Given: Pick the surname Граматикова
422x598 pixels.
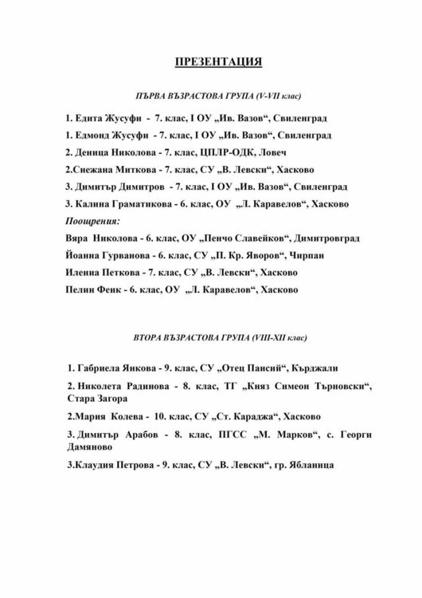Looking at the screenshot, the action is point(140,203).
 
